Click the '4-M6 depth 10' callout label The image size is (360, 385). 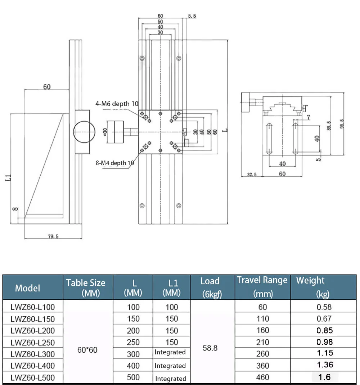[x=117, y=104]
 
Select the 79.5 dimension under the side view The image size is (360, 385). [x=53, y=236]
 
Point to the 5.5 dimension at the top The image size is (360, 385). [x=192, y=16]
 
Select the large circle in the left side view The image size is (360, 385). [x=84, y=131]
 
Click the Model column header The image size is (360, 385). [x=27, y=288]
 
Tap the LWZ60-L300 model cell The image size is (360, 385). [x=33, y=354]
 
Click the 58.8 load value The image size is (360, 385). [x=210, y=348]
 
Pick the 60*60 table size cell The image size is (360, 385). [x=87, y=349]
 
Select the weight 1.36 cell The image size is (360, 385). [x=325, y=365]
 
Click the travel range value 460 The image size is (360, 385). [x=262, y=377]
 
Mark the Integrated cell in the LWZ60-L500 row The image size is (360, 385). [x=171, y=379]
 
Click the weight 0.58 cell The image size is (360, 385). [x=324, y=307]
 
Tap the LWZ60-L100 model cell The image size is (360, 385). [x=33, y=307]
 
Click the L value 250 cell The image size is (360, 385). [x=133, y=342]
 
